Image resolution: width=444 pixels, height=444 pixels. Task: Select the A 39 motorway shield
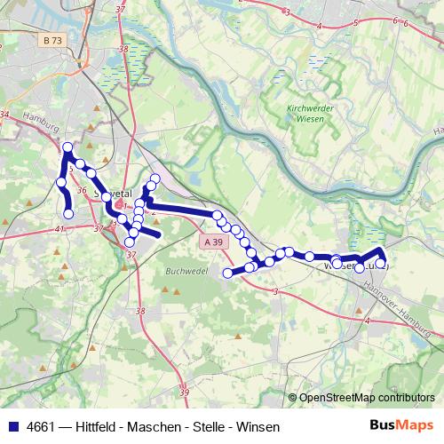[211, 242]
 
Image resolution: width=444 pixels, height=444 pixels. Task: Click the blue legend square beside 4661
[12, 427]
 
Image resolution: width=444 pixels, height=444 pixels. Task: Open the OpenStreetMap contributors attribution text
[366, 399]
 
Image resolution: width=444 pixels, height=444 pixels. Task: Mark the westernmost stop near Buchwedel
[227, 273]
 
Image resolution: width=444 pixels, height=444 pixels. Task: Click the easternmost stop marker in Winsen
[382, 264]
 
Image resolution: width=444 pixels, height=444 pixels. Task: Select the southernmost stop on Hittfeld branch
[68, 212]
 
